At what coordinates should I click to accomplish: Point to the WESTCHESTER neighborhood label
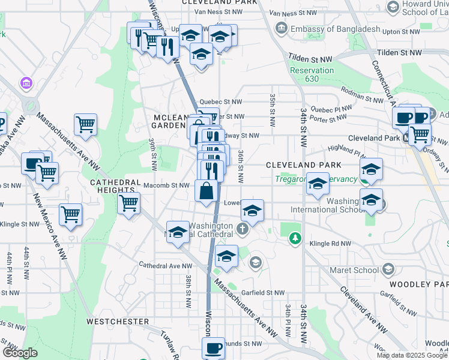pos(118,322)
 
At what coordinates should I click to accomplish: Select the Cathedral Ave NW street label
pos(166,265)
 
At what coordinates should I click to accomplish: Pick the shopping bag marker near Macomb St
pos(206,191)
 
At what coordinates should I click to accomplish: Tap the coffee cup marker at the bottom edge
pos(213,348)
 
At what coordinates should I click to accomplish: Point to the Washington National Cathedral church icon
pos(242,228)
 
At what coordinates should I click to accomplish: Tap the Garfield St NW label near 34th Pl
pos(262,293)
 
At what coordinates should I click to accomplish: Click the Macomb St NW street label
pos(172,185)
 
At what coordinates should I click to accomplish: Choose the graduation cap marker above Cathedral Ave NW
pos(226,256)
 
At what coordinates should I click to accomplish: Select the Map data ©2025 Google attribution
pos(412,355)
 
